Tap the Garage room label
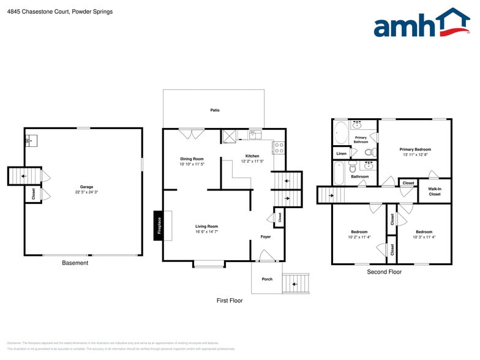coord(86,187)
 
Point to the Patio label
coord(215,110)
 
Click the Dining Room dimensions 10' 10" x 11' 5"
coord(192,164)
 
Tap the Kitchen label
coord(252,156)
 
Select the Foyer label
coord(266,236)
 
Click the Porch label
coord(267,279)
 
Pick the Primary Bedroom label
coord(415,149)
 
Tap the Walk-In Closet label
coord(434,192)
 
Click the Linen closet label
coord(341,153)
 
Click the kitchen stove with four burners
coord(279,148)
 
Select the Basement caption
coord(75,263)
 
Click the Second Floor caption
coord(384,271)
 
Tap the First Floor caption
coord(230,301)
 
